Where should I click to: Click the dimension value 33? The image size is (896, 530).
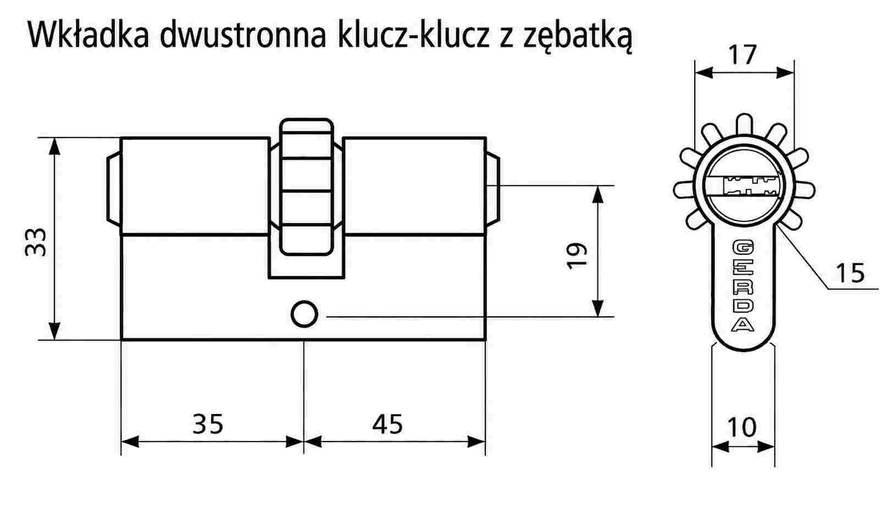36,242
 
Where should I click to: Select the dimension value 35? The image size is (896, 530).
208,424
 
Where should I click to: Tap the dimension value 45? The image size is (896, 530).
387,424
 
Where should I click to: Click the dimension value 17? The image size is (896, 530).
742,55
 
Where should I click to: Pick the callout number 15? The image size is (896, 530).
850,273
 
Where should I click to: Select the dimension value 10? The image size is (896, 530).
742,427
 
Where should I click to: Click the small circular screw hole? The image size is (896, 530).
305,314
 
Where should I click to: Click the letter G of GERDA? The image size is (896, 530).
743,247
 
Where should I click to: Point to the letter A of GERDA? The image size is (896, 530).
743,325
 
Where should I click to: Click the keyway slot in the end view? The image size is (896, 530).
743,187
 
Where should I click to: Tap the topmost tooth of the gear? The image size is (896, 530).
744,125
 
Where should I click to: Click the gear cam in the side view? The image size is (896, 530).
306,187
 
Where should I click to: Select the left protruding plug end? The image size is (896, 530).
114,187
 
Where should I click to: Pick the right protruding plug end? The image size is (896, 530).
493,187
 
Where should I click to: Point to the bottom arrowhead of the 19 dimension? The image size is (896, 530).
598,308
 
